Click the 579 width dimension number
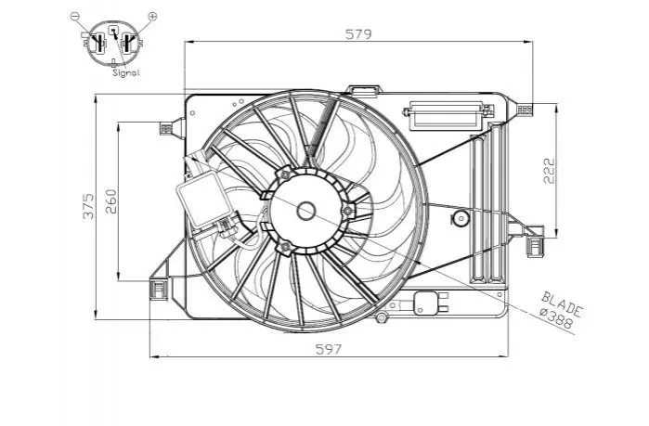tap(358, 34)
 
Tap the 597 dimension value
tap(329, 349)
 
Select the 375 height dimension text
tap(88, 205)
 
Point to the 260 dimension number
tap(110, 201)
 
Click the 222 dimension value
tap(549, 171)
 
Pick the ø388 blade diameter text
tap(557, 318)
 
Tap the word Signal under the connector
tap(126, 72)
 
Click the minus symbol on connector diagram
tap(74, 16)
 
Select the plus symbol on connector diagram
tap(152, 16)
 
